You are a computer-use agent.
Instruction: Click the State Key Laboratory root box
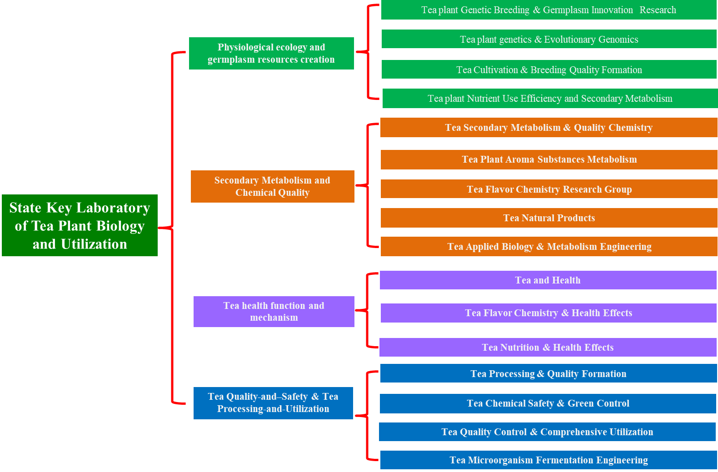click(80, 225)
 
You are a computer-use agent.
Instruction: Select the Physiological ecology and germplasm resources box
click(271, 53)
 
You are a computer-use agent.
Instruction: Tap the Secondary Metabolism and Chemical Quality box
click(272, 186)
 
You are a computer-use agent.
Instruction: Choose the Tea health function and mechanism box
click(274, 312)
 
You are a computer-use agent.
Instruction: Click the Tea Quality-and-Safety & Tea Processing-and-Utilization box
click(273, 403)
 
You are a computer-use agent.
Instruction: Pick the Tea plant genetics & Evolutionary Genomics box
click(549, 40)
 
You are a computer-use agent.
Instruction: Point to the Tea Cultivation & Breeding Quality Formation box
click(549, 70)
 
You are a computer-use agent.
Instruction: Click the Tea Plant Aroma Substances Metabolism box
click(549, 159)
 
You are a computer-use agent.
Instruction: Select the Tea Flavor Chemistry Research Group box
click(549, 189)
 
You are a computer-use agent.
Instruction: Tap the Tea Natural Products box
click(549, 218)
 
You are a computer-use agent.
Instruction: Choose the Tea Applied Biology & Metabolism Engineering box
click(549, 247)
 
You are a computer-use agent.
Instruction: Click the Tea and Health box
click(548, 280)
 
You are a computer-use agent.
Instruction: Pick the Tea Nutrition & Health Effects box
click(548, 348)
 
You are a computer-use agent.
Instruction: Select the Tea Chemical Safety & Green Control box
click(548, 403)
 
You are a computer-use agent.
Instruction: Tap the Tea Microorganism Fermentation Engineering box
click(548, 460)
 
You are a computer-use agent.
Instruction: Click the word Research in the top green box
click(658, 10)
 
